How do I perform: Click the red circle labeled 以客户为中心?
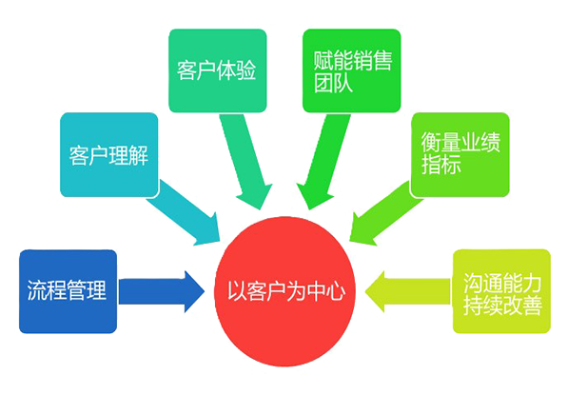[x=284, y=291]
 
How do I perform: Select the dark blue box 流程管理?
[x=69, y=291]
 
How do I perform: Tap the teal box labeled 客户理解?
[x=109, y=155]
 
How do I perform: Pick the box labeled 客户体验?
[x=218, y=70]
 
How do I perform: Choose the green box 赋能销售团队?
[x=352, y=70]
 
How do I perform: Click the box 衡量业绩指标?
[x=460, y=155]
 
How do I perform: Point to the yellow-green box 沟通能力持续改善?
[x=501, y=291]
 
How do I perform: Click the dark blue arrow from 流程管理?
[x=162, y=291]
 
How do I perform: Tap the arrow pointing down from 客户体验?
[x=246, y=161]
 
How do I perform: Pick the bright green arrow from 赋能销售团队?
[x=323, y=161]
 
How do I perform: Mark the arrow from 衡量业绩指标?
[x=384, y=214]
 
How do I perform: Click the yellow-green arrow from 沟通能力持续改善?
[x=408, y=291]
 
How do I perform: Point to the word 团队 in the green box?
[x=333, y=83]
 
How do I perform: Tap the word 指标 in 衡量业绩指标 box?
[x=441, y=164]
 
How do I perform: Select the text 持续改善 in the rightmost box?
[x=502, y=306]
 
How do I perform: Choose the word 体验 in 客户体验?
[x=236, y=70]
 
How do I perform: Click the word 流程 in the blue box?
[x=47, y=290]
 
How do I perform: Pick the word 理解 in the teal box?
[x=128, y=155]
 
